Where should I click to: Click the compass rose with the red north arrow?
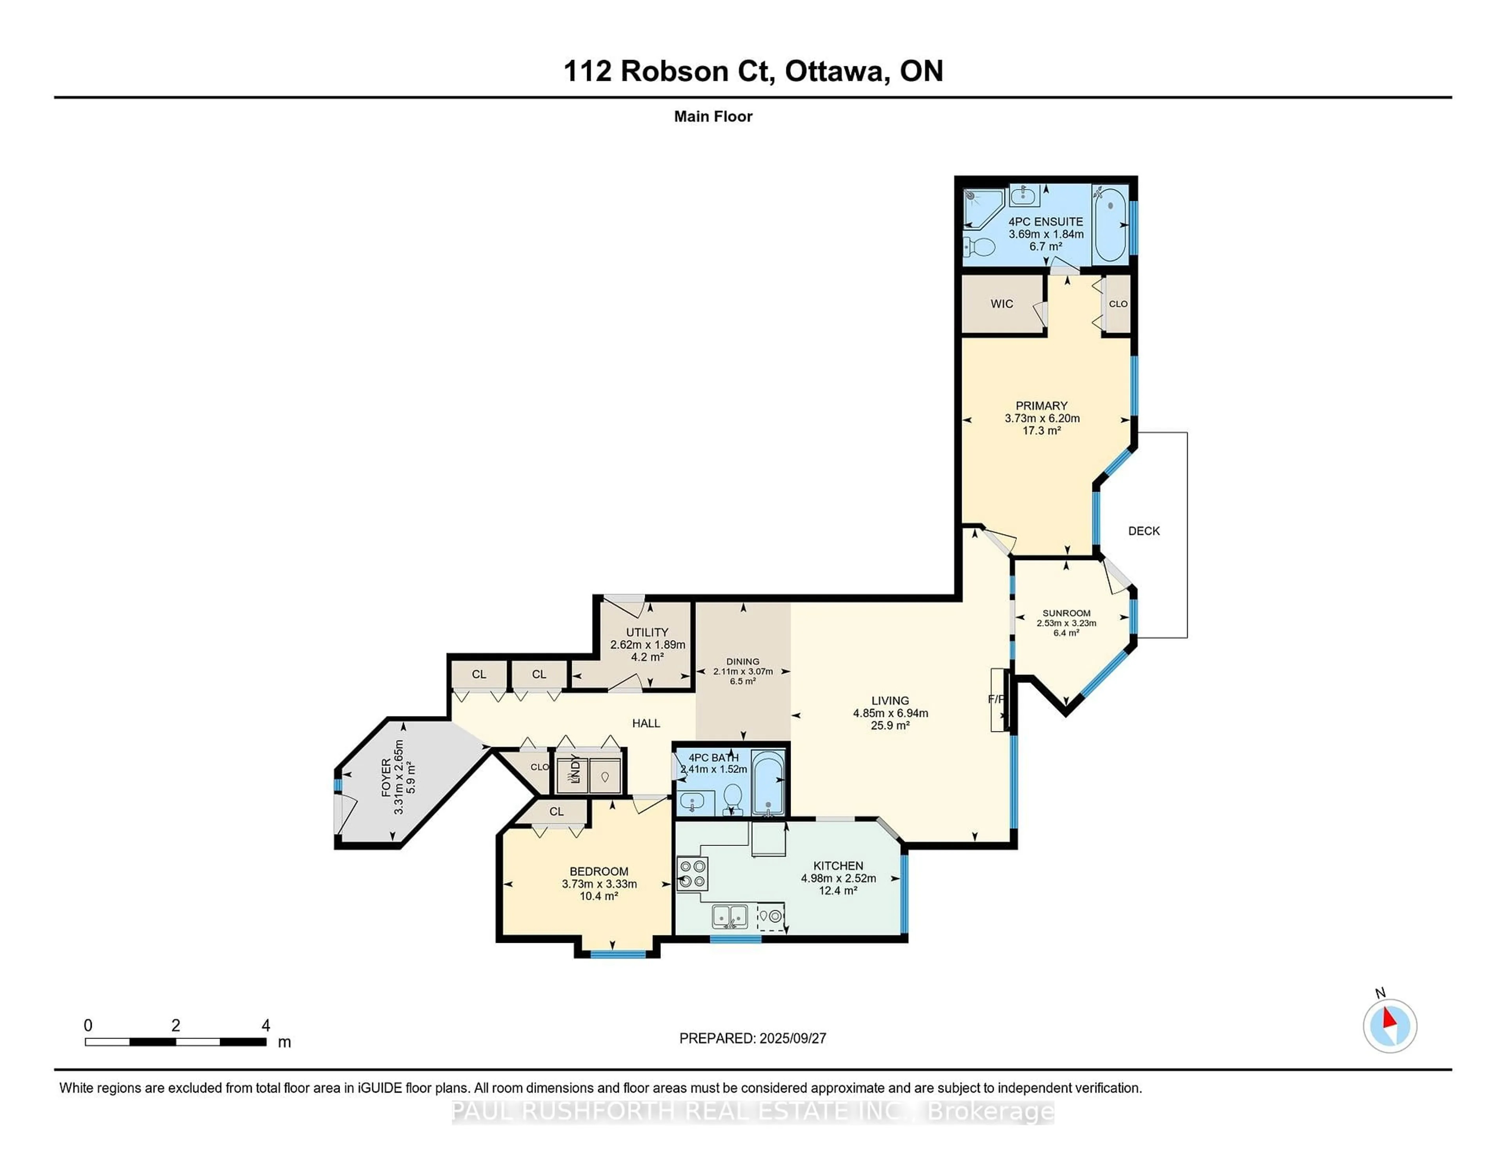click(x=1390, y=1026)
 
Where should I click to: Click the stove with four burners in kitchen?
click(x=692, y=874)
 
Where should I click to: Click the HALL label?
click(x=646, y=723)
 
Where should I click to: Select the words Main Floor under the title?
click(x=713, y=116)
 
